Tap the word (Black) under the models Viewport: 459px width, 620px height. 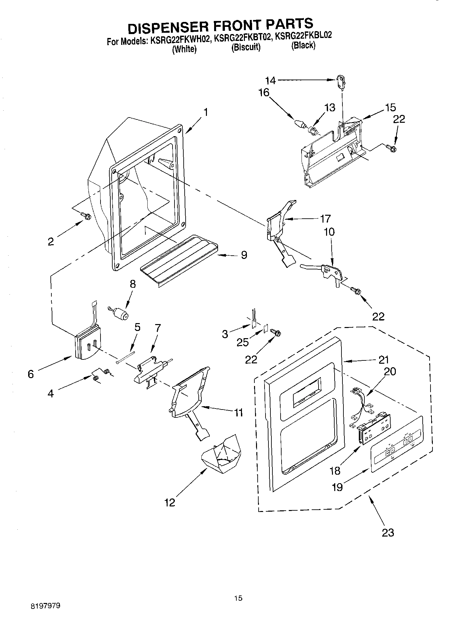tap(303, 46)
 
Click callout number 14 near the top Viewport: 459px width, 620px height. tap(270, 80)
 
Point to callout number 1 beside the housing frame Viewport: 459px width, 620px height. tap(205, 112)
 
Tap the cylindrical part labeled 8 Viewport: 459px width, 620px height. tap(122, 315)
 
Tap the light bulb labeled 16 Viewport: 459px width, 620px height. tap(299, 124)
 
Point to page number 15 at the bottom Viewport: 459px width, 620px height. tap(238, 598)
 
